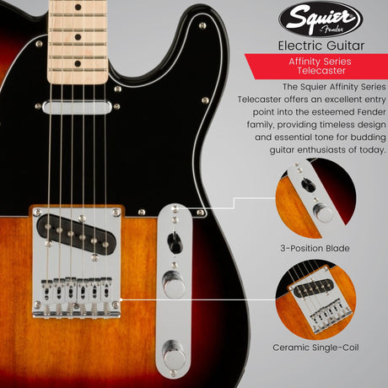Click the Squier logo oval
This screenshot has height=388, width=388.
coord(321,19)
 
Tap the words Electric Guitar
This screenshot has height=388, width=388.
coord(321,46)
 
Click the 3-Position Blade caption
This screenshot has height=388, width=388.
coord(315,248)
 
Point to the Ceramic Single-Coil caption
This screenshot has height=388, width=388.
coord(315,348)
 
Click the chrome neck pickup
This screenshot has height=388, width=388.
coord(77,107)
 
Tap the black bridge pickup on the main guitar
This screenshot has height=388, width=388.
coord(77,234)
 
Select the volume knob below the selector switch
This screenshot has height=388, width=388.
coord(174,284)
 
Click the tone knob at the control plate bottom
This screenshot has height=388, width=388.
coord(174,354)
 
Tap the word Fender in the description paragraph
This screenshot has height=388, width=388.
coord(371,112)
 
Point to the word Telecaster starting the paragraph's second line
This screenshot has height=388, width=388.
coord(259,100)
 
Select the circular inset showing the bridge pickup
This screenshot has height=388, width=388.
coord(315,300)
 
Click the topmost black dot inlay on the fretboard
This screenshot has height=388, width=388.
coord(78,8)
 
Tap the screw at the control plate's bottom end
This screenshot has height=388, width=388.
coord(174,373)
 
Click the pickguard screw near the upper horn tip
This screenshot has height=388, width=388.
coord(202,26)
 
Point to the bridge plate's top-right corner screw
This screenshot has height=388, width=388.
coord(116,212)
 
